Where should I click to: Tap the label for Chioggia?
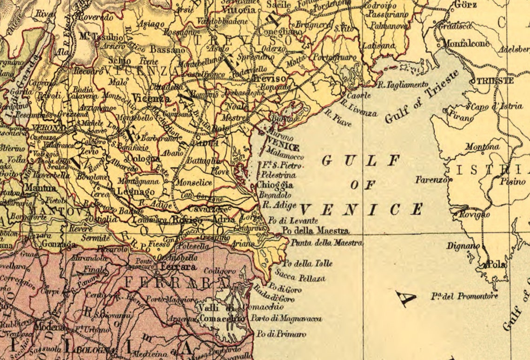click(275, 185)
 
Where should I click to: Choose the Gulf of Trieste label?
click(422, 97)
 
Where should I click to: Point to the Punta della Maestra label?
click(326, 242)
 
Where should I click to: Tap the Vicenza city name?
click(151, 98)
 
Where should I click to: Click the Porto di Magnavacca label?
click(286, 319)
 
